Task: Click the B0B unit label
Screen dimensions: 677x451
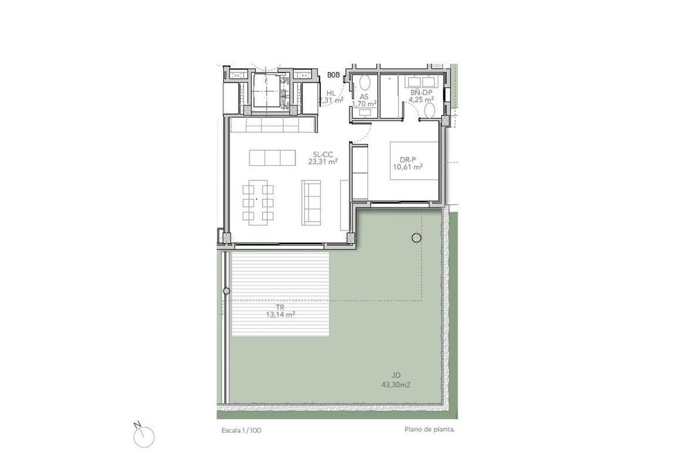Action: pyautogui.click(x=333, y=75)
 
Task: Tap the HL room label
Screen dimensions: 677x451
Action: pyautogui.click(x=331, y=93)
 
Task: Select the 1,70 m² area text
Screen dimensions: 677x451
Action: pyautogui.click(x=364, y=103)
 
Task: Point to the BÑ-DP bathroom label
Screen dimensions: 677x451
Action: pyautogui.click(x=421, y=92)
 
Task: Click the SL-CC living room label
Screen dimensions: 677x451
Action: pyautogui.click(x=323, y=154)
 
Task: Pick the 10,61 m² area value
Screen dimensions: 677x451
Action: pyautogui.click(x=407, y=167)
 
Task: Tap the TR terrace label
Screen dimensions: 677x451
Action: pyautogui.click(x=281, y=308)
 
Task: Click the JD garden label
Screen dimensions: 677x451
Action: pyautogui.click(x=397, y=375)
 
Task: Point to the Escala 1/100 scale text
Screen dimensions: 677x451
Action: pyautogui.click(x=241, y=430)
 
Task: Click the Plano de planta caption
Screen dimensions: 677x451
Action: pyautogui.click(x=430, y=430)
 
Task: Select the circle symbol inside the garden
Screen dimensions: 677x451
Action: pyautogui.click(x=416, y=237)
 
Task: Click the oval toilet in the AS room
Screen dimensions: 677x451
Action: pyautogui.click(x=365, y=82)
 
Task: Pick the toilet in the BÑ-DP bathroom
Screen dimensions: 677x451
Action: pyautogui.click(x=430, y=111)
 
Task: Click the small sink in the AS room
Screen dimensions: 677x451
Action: pyautogui.click(x=365, y=113)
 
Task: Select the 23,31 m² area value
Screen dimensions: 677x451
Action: pyautogui.click(x=323, y=162)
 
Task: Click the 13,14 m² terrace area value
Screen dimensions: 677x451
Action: pyautogui.click(x=281, y=314)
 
